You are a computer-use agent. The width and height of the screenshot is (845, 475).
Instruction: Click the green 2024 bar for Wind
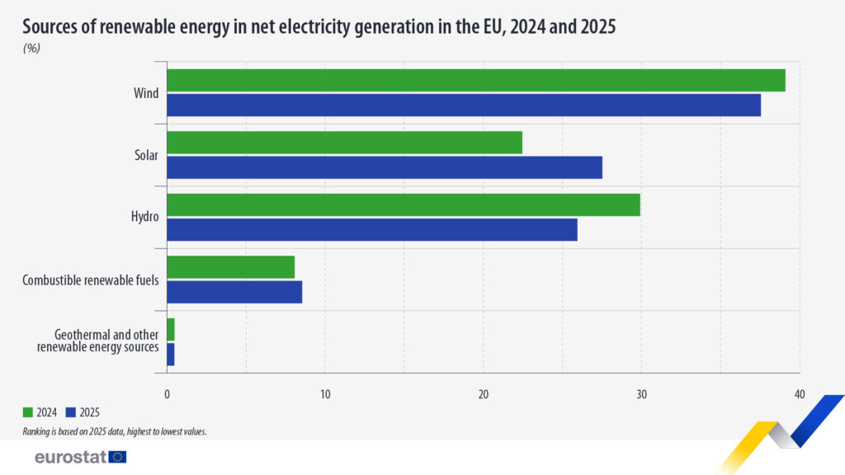(475, 81)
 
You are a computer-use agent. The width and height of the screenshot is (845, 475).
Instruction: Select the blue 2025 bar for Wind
(463, 106)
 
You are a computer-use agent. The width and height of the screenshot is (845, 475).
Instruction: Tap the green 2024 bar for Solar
(344, 143)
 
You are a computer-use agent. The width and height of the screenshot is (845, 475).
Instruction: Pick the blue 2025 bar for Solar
(385, 167)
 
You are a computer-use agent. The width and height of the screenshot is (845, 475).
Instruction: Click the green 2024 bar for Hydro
(404, 205)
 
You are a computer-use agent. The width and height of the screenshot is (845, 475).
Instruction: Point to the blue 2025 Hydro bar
(371, 229)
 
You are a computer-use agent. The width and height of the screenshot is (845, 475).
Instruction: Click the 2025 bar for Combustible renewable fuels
(234, 292)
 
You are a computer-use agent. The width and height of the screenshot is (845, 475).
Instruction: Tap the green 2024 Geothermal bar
(171, 329)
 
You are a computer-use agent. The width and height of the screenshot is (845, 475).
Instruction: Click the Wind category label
(146, 93)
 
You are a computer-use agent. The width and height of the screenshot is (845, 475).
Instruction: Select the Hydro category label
(144, 217)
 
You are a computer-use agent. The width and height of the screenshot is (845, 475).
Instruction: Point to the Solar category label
(146, 155)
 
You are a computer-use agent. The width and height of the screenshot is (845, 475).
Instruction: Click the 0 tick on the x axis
(168, 393)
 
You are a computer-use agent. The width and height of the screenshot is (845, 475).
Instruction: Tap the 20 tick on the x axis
(484, 393)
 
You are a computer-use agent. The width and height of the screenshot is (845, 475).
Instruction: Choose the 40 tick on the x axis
(799, 393)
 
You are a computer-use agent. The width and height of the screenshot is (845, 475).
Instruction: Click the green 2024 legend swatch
(27, 412)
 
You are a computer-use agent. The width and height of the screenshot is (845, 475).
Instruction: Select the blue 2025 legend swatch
(70, 412)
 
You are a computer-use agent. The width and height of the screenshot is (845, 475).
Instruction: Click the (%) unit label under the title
(31, 48)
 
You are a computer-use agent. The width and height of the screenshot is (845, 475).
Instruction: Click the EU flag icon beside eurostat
(118, 457)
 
